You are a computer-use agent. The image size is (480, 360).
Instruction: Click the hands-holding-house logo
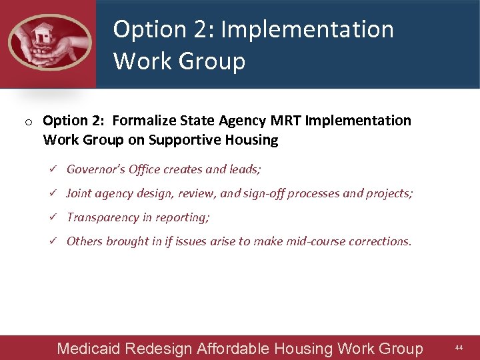point(49,42)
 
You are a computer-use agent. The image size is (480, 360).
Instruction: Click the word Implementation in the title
point(307,29)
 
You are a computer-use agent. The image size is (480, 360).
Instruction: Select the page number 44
point(459,348)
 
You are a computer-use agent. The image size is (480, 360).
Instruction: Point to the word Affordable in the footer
point(231,349)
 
